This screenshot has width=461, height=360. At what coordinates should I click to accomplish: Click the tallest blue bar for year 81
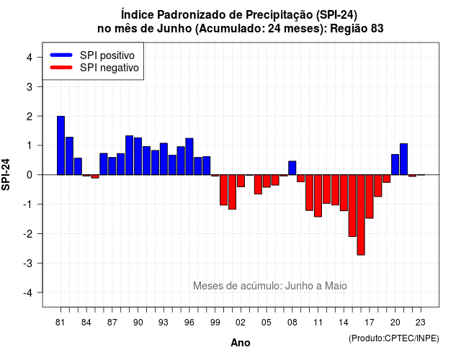(x=61, y=145)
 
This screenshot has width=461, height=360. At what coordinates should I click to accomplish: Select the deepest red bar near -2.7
(x=361, y=215)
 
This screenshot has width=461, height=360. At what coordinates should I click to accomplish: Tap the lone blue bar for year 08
(x=292, y=168)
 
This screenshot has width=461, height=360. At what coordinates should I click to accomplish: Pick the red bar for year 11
(x=318, y=196)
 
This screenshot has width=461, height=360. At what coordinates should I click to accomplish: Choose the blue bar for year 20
(x=395, y=165)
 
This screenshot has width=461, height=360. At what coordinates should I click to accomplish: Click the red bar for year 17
(x=370, y=197)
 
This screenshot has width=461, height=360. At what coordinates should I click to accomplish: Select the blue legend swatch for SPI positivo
(x=61, y=55)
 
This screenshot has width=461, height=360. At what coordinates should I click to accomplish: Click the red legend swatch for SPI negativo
(x=61, y=67)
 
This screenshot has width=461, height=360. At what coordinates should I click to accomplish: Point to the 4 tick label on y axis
(x=30, y=58)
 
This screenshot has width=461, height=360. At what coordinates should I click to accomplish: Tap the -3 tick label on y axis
(x=28, y=263)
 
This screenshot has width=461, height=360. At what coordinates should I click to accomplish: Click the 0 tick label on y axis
(x=30, y=175)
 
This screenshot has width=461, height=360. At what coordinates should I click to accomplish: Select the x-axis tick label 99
(x=215, y=323)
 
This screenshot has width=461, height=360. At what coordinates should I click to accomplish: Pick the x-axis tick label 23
(x=421, y=323)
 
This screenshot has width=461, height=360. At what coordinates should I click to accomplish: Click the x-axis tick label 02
(x=241, y=323)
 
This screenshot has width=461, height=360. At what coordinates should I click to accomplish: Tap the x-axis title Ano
(x=241, y=343)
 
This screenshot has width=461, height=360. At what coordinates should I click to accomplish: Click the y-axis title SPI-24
(x=6, y=174)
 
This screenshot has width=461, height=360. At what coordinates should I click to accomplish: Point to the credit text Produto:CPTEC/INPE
(x=394, y=338)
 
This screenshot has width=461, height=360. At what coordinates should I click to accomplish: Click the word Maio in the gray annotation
(x=336, y=286)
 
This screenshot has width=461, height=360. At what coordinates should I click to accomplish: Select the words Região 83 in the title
(x=357, y=29)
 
